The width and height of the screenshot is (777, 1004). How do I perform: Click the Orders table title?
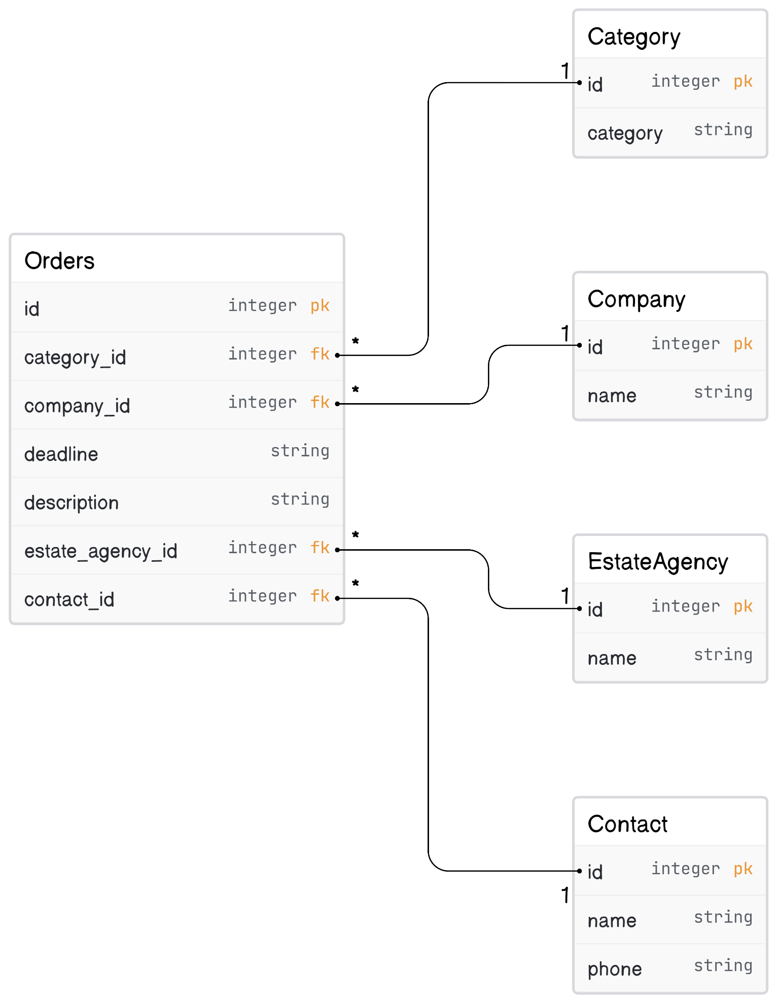click(x=59, y=261)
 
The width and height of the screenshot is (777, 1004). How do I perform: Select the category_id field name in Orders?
click(x=75, y=357)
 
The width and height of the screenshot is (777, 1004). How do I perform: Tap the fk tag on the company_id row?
click(x=320, y=402)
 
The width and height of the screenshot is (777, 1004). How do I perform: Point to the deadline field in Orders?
click(x=61, y=454)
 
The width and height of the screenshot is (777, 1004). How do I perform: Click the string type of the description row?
click(x=300, y=499)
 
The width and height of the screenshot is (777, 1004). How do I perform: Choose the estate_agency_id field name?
click(x=100, y=551)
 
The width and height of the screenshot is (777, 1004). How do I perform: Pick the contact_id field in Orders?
click(x=69, y=600)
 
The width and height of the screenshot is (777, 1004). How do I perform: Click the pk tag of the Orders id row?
click(x=320, y=306)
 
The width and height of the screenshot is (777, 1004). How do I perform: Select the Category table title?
click(x=633, y=37)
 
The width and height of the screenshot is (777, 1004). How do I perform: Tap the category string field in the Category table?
click(x=625, y=133)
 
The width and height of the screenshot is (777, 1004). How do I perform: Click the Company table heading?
click(x=636, y=299)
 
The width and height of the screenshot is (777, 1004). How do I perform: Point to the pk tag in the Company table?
click(x=743, y=344)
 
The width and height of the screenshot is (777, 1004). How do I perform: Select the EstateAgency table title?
click(x=657, y=562)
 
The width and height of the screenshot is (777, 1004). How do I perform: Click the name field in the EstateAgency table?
click(x=612, y=658)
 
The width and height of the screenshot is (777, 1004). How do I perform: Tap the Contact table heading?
click(x=627, y=824)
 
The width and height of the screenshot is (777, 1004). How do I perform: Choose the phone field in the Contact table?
click(x=614, y=969)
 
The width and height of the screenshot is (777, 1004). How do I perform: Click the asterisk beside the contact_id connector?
click(x=356, y=584)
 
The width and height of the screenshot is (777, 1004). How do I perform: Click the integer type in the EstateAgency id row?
click(x=685, y=606)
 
